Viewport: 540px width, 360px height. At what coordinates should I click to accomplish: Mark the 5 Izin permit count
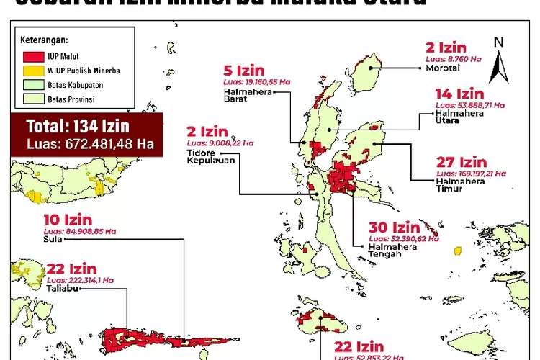point(244,71)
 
